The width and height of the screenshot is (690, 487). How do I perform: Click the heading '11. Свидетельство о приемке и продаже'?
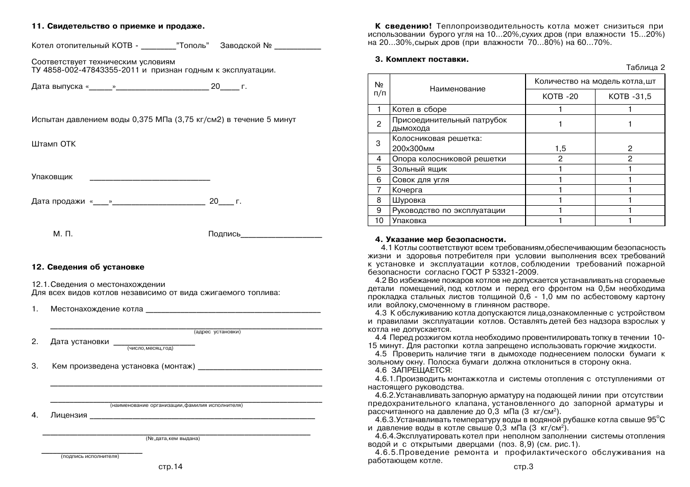tap(118, 26)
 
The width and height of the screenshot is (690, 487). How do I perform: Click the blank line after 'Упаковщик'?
tap(150, 179)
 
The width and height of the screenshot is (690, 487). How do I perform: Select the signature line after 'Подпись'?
tap(281, 237)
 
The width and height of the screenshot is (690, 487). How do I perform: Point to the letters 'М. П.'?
tap(63, 234)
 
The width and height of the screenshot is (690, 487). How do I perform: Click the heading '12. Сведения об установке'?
tap(88, 267)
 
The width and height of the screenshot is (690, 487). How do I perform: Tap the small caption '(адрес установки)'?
tap(217, 332)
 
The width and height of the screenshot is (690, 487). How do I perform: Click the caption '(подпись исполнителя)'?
tap(90, 456)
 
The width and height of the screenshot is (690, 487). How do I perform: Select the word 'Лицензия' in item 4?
tap(69, 415)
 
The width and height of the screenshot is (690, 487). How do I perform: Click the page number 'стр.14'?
tap(170, 467)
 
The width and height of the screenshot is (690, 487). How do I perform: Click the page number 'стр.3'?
tap(524, 467)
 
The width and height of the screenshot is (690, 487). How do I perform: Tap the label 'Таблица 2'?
tap(646, 67)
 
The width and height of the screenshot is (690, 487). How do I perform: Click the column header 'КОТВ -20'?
tap(560, 96)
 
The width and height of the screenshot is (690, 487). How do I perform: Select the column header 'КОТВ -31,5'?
tap(630, 96)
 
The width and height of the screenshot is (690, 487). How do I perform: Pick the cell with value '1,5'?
tap(560, 149)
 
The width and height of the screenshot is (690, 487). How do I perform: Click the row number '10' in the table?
tap(378, 221)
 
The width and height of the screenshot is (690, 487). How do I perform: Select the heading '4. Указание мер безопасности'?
tap(440, 239)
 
